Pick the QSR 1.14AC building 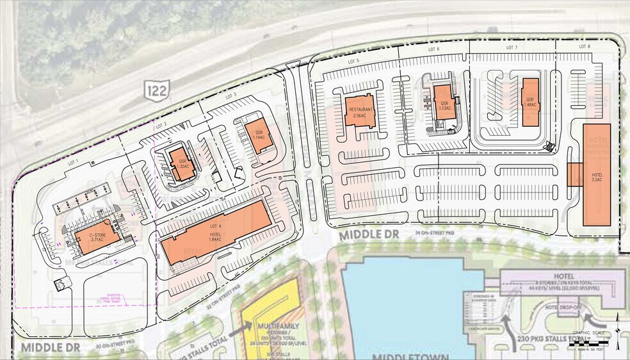coord(259,135)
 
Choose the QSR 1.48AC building coord(530,101)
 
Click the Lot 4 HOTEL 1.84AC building coord(213,233)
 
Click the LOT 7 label coord(511,48)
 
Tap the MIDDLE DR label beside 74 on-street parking coord(368,235)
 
